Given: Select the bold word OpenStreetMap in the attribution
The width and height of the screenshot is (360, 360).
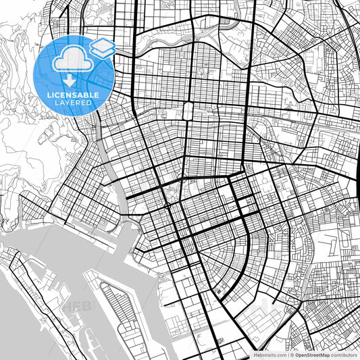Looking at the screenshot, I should [315, 354].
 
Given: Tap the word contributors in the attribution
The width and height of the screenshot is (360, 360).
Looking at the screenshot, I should [344, 354].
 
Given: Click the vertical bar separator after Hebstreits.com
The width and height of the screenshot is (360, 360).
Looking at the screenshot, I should [289, 354].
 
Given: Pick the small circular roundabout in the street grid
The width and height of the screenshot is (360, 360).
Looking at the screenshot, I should [167, 205].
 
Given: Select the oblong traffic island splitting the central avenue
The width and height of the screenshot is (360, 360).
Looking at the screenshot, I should [186, 110].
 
